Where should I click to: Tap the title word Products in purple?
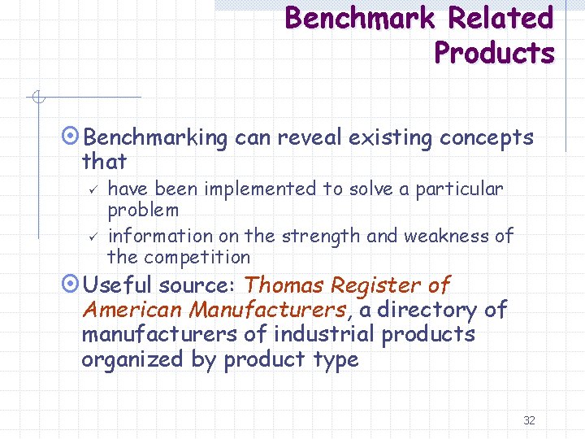[x=494, y=53]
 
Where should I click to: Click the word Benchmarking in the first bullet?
[x=156, y=138]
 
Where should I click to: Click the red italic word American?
[x=132, y=310]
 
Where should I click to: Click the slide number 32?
[x=529, y=420]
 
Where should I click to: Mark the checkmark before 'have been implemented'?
[x=93, y=189]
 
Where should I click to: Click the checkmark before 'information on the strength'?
[x=93, y=237]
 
